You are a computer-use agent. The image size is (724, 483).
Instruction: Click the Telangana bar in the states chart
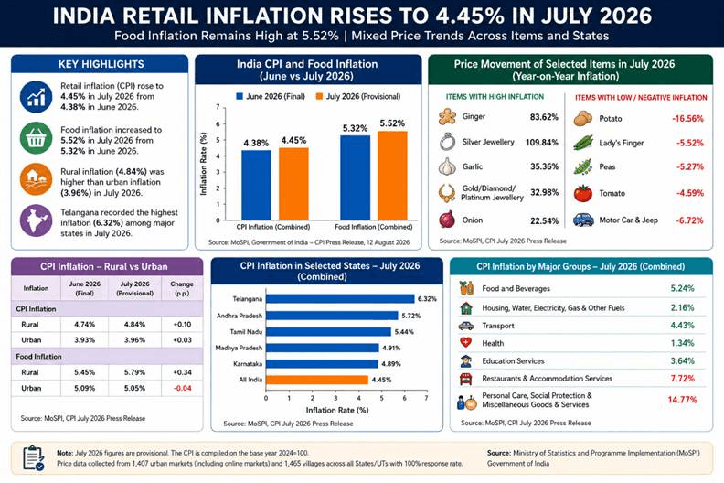340,299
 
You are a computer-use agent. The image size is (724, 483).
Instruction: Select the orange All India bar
317,380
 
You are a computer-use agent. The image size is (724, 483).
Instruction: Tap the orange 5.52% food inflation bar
392,176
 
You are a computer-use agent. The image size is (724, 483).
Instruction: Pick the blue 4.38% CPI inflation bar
256,185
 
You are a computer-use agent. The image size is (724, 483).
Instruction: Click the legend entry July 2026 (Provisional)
358,96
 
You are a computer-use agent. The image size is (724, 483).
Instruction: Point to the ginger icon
447,117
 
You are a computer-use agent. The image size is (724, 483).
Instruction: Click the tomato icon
583,193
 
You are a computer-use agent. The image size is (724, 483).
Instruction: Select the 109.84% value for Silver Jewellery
541,143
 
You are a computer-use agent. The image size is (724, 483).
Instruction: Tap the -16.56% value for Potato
687,119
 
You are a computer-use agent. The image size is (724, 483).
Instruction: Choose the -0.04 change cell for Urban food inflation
183,388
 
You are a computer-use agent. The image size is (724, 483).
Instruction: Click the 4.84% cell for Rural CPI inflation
134,325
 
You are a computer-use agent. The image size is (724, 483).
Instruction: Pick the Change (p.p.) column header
182,288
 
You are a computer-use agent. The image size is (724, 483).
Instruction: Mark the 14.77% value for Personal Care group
683,400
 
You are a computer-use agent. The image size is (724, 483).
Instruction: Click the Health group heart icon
466,343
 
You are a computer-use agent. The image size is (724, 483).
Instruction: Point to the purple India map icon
36,220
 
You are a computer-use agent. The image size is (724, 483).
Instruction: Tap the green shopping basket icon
36,138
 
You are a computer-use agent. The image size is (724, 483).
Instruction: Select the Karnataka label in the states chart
248,364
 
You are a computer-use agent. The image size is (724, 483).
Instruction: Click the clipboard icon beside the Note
33,458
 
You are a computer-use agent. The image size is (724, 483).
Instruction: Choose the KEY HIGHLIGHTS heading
101,64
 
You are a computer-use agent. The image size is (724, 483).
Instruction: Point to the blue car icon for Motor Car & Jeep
583,220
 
